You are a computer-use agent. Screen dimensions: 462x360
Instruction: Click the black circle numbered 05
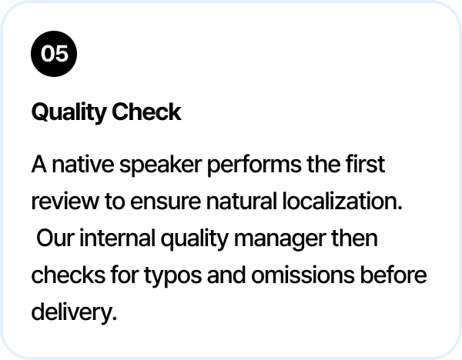pos(54,54)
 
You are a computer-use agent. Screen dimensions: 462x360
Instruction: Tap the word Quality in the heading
pos(69,112)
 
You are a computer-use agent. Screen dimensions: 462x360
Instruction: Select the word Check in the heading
pos(146,112)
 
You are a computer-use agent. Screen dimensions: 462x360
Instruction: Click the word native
pos(83,165)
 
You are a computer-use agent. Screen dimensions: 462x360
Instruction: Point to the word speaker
pos(161,165)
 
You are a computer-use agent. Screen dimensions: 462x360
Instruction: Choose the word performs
pos(255,165)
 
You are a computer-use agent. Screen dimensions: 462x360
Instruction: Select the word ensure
pos(166,202)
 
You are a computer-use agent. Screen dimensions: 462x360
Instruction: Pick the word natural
pos(241,201)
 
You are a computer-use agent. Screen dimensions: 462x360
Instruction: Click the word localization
pos(343,201)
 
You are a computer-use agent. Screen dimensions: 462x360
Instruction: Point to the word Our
pos(55,238)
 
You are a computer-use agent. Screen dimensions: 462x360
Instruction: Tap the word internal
pos(117,238)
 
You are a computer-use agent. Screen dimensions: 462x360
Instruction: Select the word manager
pos(280,239)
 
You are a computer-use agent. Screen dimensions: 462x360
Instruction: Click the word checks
pos(68,275)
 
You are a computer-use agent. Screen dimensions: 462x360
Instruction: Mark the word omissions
pos(303,275)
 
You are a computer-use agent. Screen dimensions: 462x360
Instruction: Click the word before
pos(393,275)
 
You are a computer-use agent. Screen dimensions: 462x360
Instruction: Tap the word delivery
pos(74,313)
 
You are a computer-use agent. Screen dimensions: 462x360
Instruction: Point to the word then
pos(354,238)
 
